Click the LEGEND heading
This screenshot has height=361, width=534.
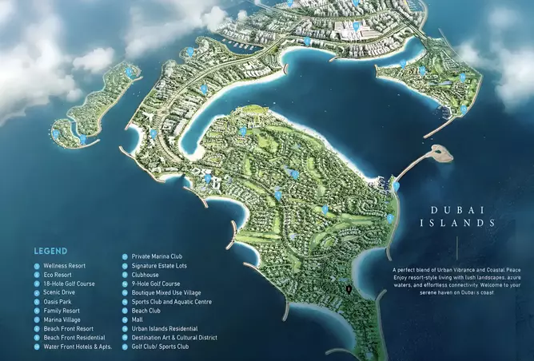(x=51, y=248)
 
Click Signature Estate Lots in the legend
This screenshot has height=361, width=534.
(x=162, y=265)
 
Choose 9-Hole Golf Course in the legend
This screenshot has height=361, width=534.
(x=156, y=284)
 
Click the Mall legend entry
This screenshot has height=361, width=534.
(x=137, y=319)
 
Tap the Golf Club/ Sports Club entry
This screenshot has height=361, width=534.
(x=160, y=347)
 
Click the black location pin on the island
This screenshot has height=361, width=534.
(x=349, y=286)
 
